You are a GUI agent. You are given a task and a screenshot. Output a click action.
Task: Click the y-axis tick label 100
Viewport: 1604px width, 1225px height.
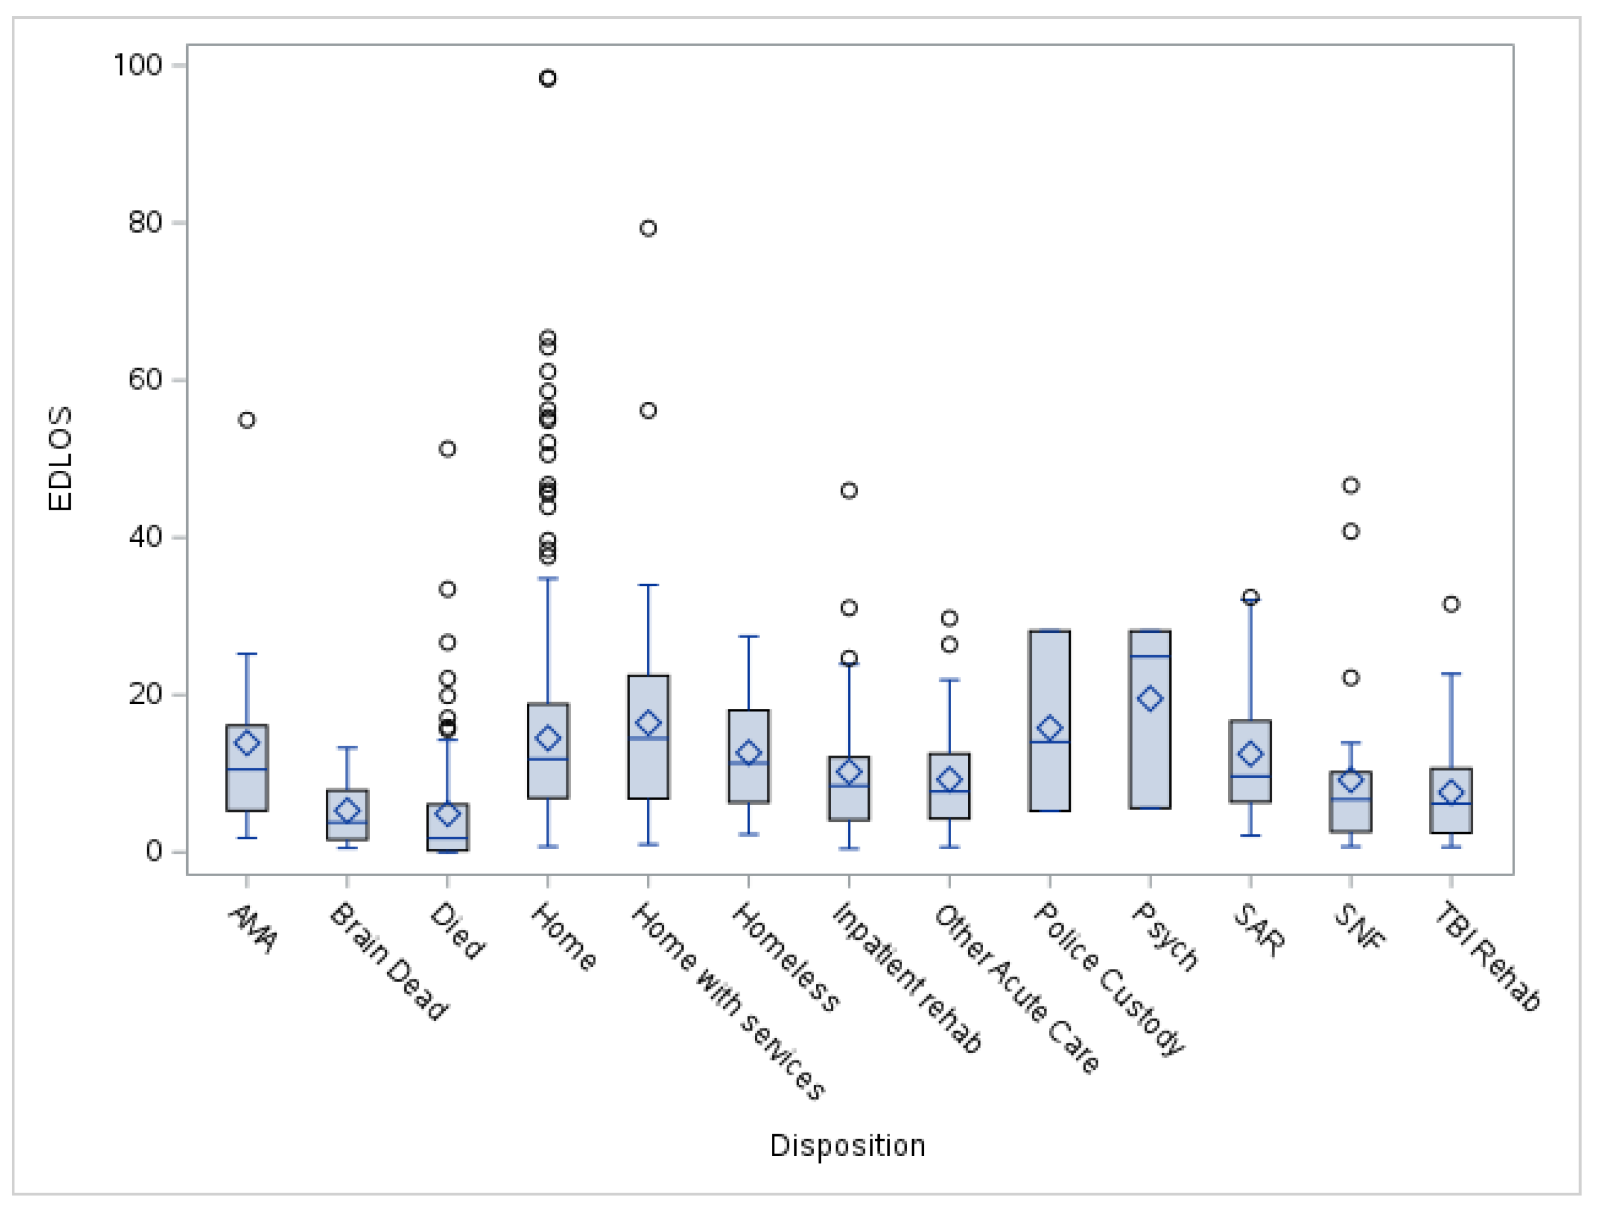(137, 65)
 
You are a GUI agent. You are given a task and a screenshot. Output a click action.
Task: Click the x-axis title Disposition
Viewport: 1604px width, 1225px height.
(848, 1145)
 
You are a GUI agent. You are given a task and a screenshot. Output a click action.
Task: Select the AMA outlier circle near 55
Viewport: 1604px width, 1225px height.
(247, 420)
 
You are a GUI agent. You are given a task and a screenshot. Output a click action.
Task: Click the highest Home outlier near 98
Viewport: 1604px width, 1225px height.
(547, 78)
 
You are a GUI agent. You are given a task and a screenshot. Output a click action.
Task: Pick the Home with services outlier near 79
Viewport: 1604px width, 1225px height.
(648, 228)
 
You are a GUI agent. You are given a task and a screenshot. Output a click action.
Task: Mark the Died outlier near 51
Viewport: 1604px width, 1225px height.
(448, 449)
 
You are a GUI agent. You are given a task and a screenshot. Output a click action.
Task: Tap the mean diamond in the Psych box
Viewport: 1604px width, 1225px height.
(1150, 699)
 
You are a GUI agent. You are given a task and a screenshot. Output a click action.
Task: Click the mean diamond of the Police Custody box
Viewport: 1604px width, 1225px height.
(1050, 728)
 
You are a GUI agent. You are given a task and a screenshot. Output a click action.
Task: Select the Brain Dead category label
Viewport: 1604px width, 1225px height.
(388, 962)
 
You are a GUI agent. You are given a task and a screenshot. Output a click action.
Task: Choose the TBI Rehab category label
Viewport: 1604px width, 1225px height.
(1487, 957)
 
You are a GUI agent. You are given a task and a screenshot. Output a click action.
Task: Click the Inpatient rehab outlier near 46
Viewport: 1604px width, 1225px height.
(849, 491)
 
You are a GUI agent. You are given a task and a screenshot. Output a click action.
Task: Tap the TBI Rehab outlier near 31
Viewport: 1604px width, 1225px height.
(1451, 605)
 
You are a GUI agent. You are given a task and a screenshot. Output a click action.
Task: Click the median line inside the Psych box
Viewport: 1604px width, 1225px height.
(1150, 656)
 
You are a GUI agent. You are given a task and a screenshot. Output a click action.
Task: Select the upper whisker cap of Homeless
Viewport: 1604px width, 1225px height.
(749, 636)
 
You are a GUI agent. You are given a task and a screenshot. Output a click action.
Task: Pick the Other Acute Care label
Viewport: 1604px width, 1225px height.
(1016, 989)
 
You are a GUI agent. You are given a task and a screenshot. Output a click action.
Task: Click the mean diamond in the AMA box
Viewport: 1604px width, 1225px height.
(247, 743)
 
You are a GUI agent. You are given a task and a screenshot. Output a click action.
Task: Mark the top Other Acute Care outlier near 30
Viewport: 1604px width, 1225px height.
(949, 618)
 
